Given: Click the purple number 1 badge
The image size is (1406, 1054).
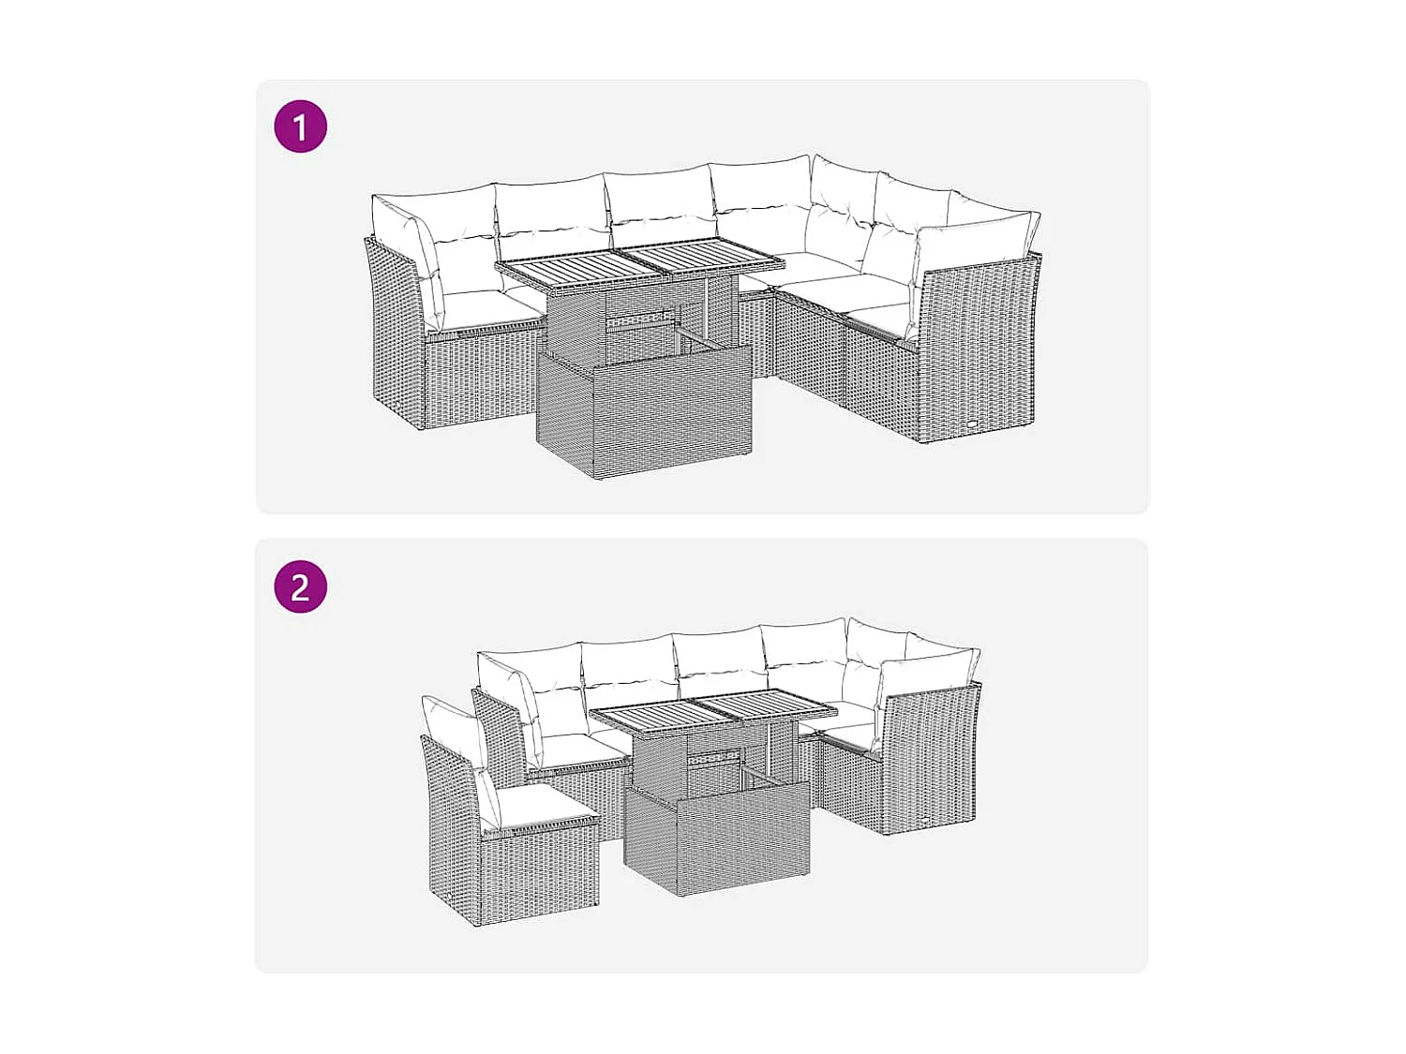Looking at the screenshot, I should pos(300,126).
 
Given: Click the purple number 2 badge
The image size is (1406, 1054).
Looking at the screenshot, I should pos(300,587).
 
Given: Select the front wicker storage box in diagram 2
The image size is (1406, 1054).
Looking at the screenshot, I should pos(717,839).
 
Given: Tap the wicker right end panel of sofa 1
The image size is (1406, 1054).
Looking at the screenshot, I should pos(980,351).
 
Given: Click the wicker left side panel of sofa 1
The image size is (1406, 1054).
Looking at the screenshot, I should pos(394,328).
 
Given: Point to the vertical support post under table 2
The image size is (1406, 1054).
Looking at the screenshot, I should pos(770,750).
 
